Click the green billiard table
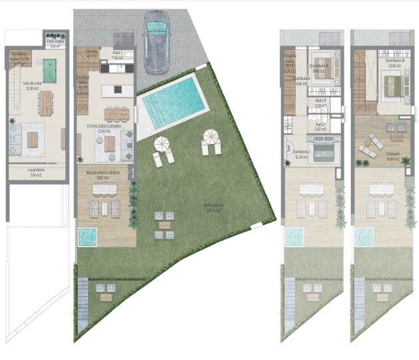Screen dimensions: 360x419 pos(49,67)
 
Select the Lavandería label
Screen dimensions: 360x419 pos(37,171)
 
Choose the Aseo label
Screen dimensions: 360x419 pos(117,55)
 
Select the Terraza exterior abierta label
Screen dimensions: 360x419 pos(105,175)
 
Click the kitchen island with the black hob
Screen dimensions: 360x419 pos(119,89)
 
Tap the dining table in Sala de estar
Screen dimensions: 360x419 pos(46,103)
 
